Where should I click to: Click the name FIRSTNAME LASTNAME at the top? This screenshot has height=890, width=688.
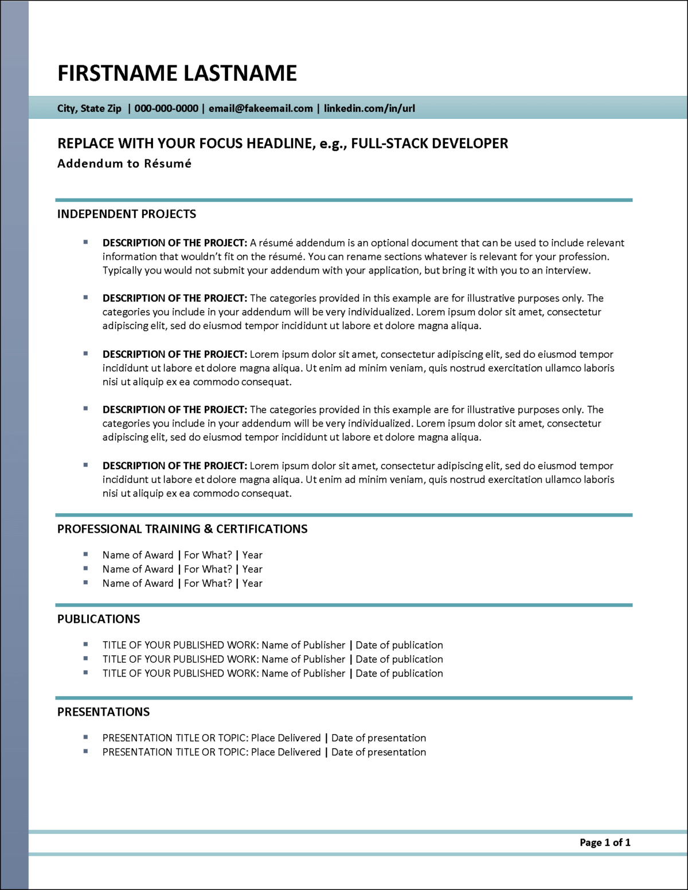177,73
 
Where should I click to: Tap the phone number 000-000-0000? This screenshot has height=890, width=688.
166,108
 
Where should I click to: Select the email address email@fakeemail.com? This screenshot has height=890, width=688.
261,108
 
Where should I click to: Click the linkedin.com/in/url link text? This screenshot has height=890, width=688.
369,108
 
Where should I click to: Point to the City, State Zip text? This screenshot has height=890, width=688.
89,108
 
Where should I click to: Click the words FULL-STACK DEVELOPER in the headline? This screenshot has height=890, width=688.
429,143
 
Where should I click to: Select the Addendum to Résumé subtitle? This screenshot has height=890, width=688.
124,163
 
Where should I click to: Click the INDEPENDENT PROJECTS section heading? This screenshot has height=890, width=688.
127,214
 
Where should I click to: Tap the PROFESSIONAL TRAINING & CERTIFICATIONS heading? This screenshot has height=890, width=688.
182,529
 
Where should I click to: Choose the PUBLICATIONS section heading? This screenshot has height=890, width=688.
99,619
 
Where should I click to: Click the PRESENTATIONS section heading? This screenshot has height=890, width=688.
103,712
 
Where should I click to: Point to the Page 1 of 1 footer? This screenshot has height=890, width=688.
605,842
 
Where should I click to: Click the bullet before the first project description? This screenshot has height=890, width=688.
86,243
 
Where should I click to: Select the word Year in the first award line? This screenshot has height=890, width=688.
252,555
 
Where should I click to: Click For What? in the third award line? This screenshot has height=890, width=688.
208,583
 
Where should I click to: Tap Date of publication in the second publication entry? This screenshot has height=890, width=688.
399,659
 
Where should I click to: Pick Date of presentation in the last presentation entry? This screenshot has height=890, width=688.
378,752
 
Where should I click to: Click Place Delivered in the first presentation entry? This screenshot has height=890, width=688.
286,738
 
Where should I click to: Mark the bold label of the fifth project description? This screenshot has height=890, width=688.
175,466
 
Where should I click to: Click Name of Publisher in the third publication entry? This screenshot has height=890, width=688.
303,673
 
